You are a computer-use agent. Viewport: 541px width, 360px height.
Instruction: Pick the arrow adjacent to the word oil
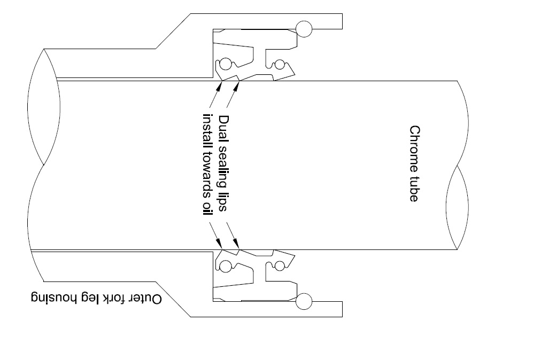213,235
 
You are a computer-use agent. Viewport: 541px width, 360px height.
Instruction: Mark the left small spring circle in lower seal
227,265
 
